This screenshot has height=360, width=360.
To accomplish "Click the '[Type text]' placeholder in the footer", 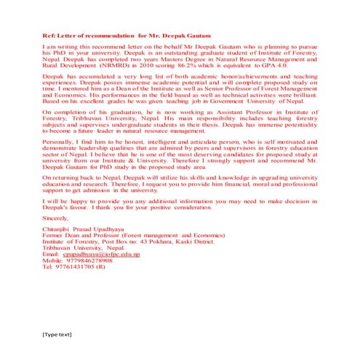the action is point(57,335).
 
